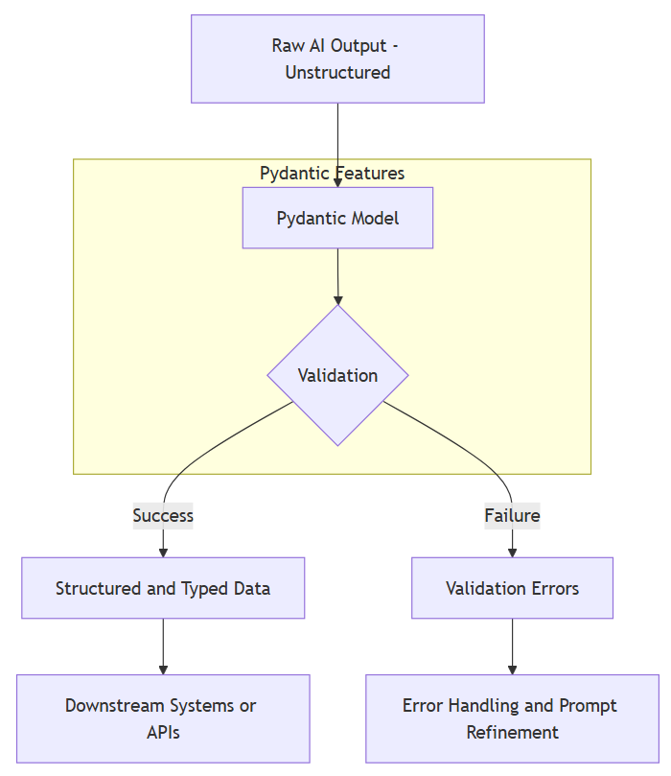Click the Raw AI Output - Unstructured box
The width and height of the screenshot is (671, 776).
(337, 59)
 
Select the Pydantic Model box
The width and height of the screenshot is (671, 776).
(337, 218)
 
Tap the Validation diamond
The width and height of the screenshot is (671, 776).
(337, 375)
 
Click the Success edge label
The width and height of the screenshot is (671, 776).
(163, 515)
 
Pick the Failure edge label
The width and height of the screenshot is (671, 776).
(512, 515)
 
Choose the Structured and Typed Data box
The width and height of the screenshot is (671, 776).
(163, 588)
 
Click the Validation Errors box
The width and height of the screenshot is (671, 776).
(512, 588)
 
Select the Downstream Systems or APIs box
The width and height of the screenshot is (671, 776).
(163, 718)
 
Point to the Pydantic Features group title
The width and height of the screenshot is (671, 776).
(332, 173)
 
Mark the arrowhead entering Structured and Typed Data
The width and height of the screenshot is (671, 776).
(163, 552)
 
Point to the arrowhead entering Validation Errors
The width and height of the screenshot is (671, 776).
(512, 552)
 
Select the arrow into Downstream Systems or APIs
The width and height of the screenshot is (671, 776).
(163, 647)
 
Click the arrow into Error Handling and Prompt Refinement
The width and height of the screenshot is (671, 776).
(512, 647)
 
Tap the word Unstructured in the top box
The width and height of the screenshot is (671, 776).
(337, 72)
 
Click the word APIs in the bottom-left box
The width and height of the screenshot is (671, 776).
(163, 732)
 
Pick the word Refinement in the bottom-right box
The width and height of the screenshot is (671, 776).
(512, 732)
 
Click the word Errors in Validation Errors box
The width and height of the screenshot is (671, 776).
(555, 588)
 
